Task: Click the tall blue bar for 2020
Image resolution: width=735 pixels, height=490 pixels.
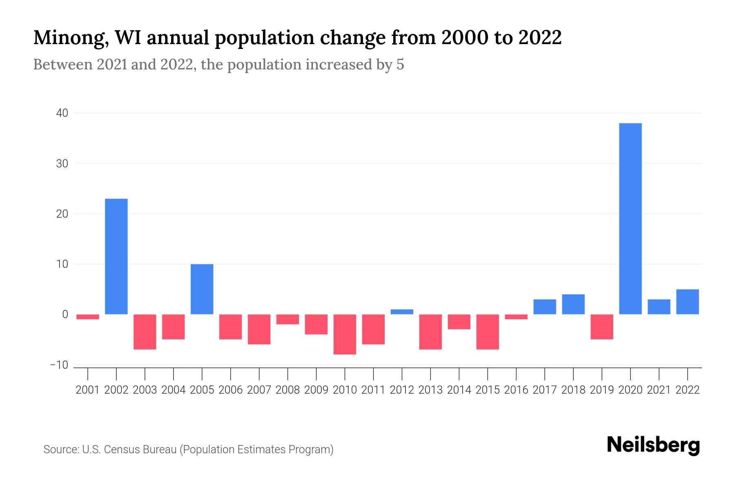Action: point(630,218)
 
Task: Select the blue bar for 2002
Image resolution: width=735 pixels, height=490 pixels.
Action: point(116,256)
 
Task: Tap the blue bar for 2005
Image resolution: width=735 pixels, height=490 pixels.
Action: point(202,289)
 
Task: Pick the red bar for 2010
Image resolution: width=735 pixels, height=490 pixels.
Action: point(345,334)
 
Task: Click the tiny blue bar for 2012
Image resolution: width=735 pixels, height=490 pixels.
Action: point(402,312)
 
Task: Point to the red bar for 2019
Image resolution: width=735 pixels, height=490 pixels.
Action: point(602,327)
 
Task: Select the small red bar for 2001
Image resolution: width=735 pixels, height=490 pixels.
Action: point(88,317)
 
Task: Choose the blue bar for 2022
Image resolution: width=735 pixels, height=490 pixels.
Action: point(688,302)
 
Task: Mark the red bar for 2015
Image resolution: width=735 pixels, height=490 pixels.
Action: point(488,332)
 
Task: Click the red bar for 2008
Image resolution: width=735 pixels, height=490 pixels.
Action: point(287,319)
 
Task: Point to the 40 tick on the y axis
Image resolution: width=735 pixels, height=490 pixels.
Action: point(62,113)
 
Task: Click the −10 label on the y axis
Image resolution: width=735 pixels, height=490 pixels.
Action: point(59,365)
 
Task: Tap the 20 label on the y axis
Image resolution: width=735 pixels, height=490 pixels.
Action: point(62,214)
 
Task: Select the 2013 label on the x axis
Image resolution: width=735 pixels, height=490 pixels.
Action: point(430,390)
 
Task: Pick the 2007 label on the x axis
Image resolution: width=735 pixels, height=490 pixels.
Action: point(259,390)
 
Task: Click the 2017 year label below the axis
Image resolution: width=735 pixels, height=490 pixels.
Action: point(545,390)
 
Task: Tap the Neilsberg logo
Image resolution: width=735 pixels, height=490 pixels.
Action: point(653,445)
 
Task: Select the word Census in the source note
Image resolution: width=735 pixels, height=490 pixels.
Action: point(121,450)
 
